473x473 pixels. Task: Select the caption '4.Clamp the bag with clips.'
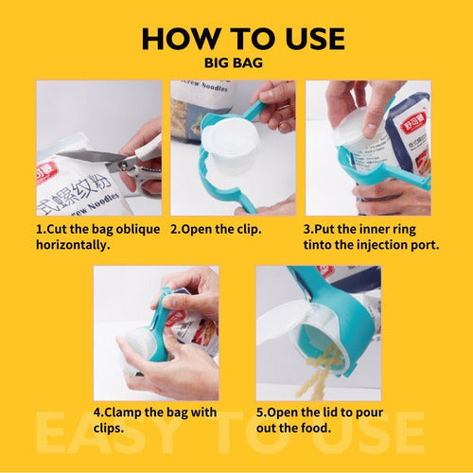[155, 420]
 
